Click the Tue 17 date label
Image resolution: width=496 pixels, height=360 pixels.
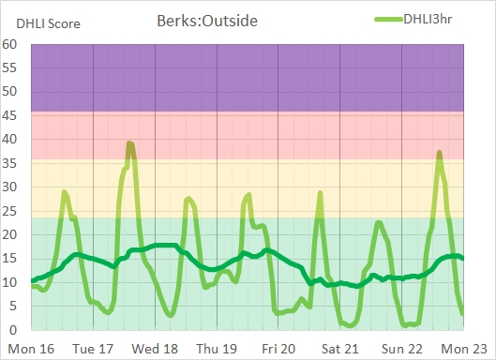point(94,349)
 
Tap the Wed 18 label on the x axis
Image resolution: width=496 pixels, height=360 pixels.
point(157,349)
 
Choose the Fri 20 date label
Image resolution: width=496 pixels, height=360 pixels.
point(280,349)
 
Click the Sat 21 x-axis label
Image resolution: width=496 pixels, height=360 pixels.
point(342,349)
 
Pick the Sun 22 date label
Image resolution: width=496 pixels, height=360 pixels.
point(404,349)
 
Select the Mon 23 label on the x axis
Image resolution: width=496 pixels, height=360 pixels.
point(468,349)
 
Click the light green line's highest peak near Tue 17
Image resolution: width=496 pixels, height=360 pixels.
point(130,142)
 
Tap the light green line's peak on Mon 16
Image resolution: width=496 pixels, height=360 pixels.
point(65,191)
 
